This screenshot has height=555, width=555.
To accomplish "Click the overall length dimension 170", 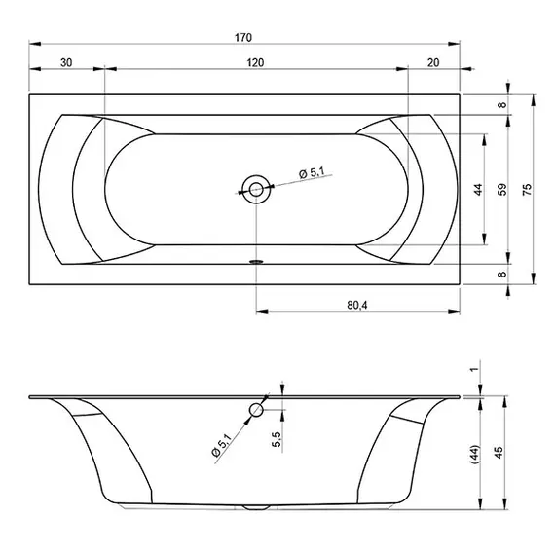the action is (x=243, y=38).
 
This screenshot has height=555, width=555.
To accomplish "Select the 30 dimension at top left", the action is (x=66, y=62).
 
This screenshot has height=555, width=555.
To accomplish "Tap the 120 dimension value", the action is (x=255, y=62).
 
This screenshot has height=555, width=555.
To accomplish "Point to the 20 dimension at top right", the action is (x=433, y=62).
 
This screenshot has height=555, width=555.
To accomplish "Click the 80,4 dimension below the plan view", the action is (x=357, y=305).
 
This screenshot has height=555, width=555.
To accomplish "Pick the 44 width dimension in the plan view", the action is (x=478, y=189).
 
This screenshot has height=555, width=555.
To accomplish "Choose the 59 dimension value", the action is (x=502, y=189).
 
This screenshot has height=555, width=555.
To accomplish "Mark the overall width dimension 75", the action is (x=527, y=189).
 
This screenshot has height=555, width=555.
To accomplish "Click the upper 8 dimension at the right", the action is (x=502, y=105).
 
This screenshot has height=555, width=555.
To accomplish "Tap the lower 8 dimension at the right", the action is (x=502, y=274).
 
